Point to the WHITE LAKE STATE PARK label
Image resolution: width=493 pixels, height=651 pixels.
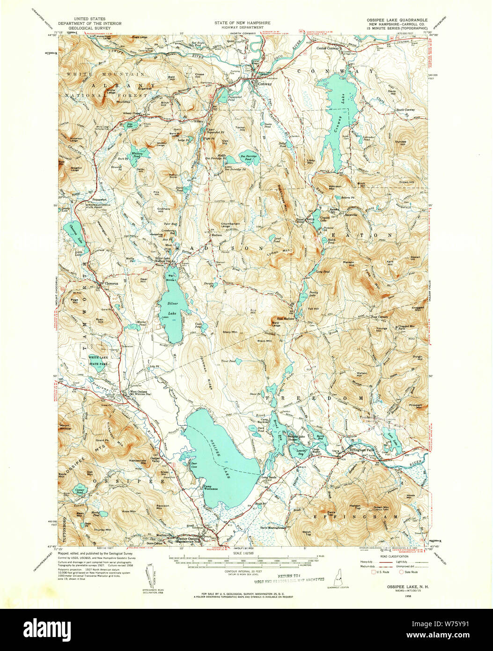98,360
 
